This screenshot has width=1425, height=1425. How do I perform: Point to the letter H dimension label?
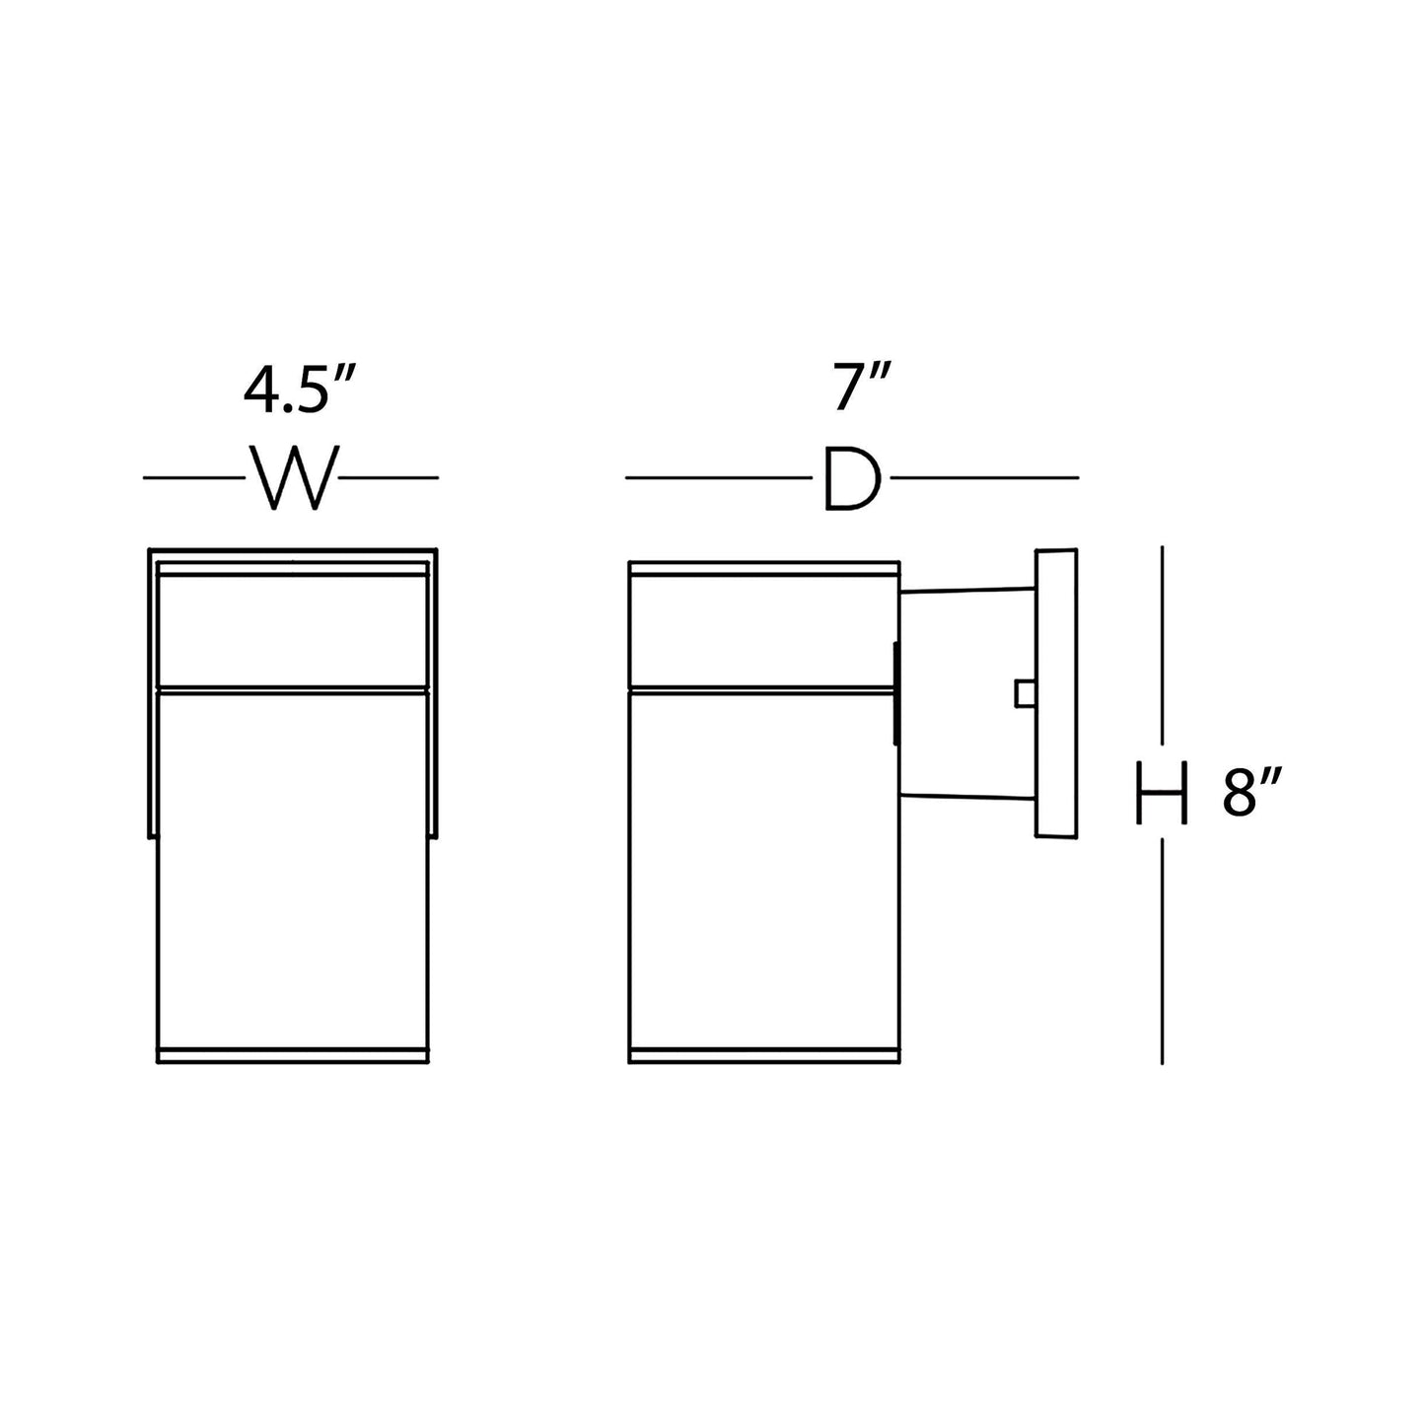[1162, 792]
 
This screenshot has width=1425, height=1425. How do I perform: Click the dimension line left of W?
[193, 478]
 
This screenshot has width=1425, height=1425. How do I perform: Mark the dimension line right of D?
[984, 478]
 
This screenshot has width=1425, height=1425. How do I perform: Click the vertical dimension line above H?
[1163, 646]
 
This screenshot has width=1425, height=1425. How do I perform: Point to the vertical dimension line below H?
[1163, 952]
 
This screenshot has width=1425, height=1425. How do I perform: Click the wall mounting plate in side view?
[1055, 694]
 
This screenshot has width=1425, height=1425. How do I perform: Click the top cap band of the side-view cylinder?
[763, 569]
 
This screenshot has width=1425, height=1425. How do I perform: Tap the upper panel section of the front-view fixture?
[293, 628]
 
